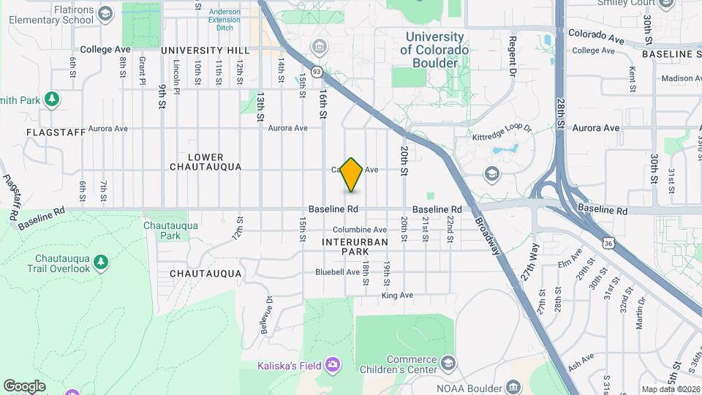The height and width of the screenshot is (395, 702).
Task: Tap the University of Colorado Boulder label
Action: (x=434, y=50)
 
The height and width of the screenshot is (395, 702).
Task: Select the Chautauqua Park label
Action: (x=170, y=230)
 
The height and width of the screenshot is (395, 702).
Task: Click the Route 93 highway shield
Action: (x=317, y=72)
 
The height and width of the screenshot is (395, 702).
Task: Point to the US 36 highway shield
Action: (x=608, y=241)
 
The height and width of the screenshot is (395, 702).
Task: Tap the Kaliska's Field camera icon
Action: (x=333, y=364)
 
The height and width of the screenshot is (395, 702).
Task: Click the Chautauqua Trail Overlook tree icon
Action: (x=101, y=261)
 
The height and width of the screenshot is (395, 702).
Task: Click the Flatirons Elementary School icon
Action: (x=105, y=14)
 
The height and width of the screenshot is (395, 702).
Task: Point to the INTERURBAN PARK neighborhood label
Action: (x=344, y=246)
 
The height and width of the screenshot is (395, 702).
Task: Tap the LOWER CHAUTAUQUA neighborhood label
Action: (x=205, y=162)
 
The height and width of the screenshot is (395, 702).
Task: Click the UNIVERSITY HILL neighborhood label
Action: (x=205, y=50)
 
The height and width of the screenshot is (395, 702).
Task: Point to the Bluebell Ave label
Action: (x=338, y=272)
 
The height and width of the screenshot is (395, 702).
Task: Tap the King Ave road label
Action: (x=397, y=296)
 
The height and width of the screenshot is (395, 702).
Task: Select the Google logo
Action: (x=24, y=385)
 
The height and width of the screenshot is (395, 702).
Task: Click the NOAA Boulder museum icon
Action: (x=513, y=387)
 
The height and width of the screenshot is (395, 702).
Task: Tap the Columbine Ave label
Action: (x=360, y=230)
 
